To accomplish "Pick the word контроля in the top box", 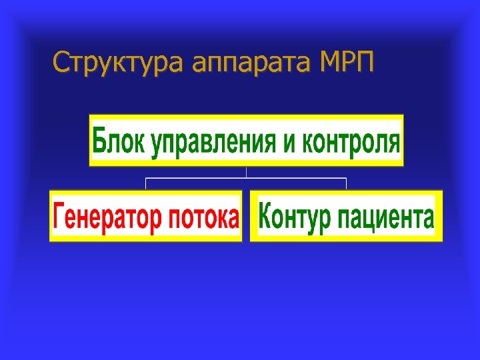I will click(351, 142).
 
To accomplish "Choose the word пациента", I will click(386, 218).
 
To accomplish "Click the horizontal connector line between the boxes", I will click(200, 178).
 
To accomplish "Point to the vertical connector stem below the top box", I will click(247, 172).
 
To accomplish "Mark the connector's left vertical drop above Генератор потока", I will click(146, 184).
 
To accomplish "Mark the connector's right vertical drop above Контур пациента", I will click(346, 184).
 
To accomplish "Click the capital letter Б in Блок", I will click(100, 141).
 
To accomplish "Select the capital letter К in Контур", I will click(265, 217).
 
